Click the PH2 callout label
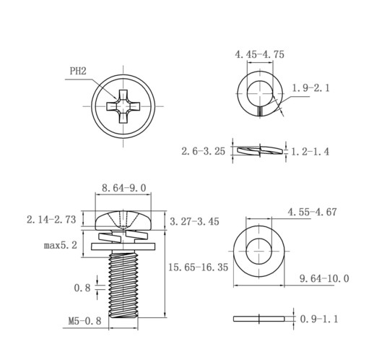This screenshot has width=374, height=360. tap(78, 71)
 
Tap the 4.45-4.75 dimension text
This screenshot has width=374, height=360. tap(259, 54)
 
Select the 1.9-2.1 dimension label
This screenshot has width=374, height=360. tap(310, 88)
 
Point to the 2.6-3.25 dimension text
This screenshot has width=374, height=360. tap(204, 151)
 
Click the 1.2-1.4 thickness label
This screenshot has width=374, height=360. tap(310, 152)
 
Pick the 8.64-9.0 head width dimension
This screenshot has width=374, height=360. tap(124, 188)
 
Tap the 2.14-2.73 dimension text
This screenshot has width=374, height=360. tap(51, 220)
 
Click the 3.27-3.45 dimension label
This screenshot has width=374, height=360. tap(194, 221)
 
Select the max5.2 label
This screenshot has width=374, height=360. tap(61, 245)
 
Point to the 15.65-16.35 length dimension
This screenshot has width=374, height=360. tap(198, 267)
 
